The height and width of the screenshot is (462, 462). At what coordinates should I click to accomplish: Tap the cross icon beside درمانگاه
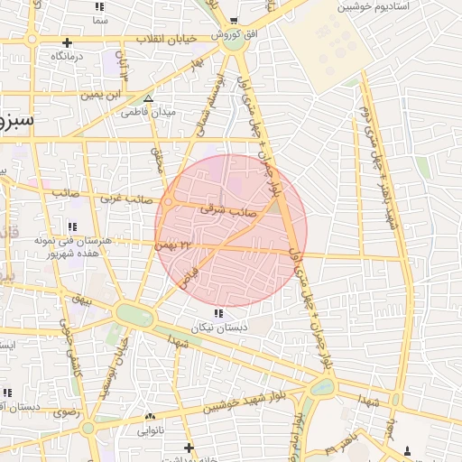tap(67, 42)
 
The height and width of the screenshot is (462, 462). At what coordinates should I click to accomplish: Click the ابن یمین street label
tap(100, 94)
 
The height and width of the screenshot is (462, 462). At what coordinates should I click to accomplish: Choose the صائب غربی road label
tap(121, 196)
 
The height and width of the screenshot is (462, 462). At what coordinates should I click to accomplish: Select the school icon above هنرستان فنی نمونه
tap(72, 226)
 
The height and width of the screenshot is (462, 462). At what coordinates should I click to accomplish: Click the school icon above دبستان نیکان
tap(219, 313)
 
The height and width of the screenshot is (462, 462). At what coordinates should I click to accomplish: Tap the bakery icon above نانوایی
tap(150, 417)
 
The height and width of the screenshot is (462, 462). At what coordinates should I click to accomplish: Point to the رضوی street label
tap(66, 412)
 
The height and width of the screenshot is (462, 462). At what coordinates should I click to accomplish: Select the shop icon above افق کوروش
tap(234, 21)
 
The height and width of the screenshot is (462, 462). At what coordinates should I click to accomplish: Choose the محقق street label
tap(157, 162)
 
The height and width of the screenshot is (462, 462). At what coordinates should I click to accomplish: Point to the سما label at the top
tap(99, 19)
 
